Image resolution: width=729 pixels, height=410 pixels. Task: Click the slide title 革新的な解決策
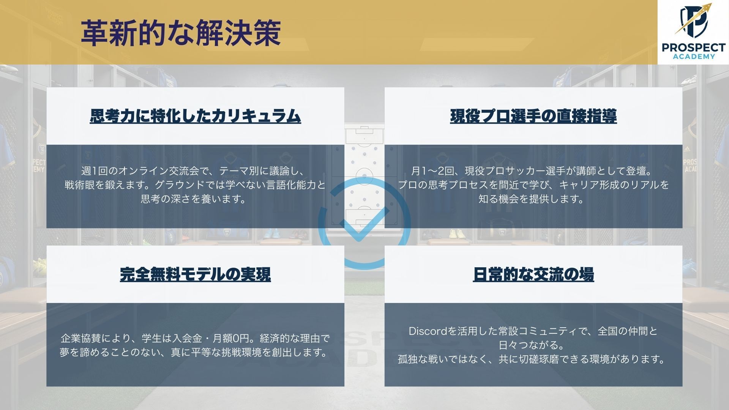click(x=181, y=33)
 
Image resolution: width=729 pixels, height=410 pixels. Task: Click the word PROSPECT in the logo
click(x=694, y=48)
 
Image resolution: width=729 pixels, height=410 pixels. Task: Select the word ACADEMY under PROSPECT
click(x=694, y=57)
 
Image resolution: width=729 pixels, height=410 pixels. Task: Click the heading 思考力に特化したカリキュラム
click(x=195, y=116)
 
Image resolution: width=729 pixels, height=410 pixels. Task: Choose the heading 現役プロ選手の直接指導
click(x=533, y=116)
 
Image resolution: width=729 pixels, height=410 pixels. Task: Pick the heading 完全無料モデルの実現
click(x=195, y=274)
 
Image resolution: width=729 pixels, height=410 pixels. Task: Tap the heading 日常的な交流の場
click(x=533, y=274)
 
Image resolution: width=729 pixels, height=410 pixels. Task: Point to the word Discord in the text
click(x=428, y=331)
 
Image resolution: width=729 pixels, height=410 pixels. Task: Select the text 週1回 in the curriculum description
click(x=95, y=171)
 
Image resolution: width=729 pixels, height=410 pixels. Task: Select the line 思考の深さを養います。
click(x=195, y=199)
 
